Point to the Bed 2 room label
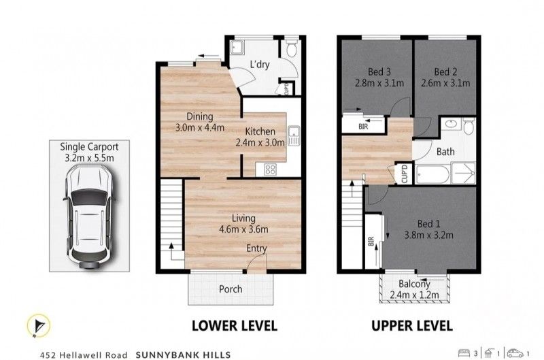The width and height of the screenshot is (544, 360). [443, 71]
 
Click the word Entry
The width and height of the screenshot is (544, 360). [256, 248]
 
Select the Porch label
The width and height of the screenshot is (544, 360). [230, 289]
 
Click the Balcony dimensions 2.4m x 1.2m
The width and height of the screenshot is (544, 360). [415, 295]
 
